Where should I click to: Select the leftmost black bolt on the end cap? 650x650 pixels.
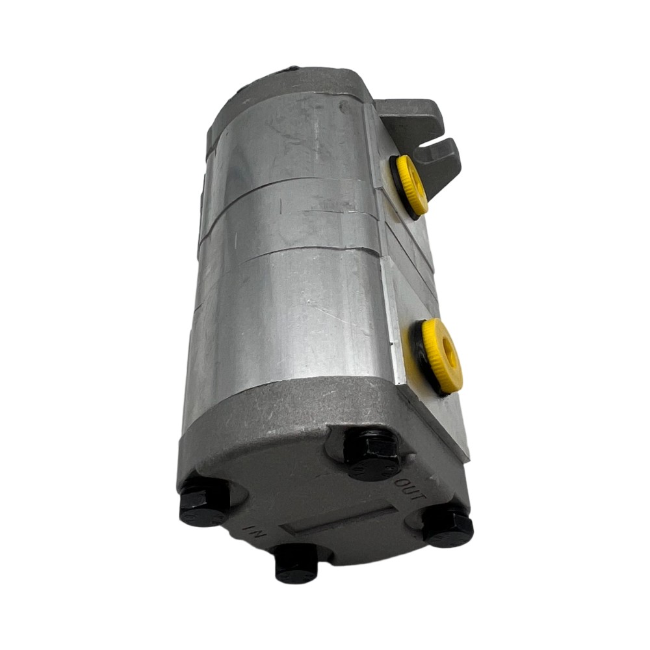click(202, 503)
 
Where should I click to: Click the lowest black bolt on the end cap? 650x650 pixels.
click(296, 563)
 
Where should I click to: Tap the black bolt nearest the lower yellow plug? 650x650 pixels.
click(372, 453)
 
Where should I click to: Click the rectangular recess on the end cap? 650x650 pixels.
click(338, 520)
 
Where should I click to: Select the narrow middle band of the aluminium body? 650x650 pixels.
click(292, 214)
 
